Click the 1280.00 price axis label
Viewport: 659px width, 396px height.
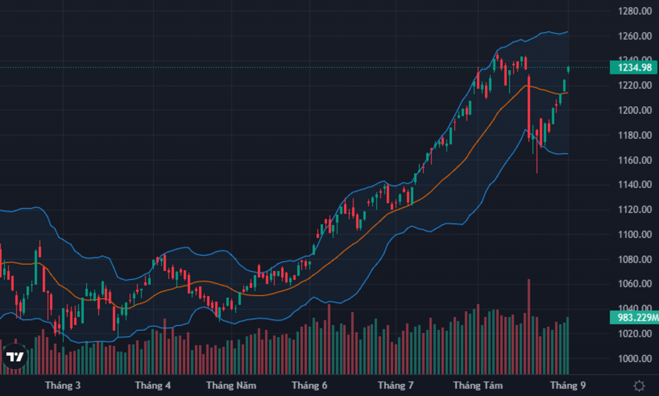(x=635, y=11)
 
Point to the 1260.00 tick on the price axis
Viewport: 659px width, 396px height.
(x=635, y=36)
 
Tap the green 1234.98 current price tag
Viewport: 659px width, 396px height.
(x=634, y=67)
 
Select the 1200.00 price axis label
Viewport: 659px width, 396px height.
(x=635, y=110)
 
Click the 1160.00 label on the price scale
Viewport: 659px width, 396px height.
(x=635, y=160)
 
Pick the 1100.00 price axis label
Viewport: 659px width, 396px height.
(x=635, y=234)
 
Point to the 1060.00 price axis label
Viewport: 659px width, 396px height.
(x=635, y=283)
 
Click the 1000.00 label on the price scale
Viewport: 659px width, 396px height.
(x=635, y=358)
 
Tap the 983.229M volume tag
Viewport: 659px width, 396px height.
(x=635, y=317)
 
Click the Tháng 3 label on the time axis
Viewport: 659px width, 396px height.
(x=63, y=385)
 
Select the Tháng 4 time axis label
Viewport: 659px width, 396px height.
(x=153, y=385)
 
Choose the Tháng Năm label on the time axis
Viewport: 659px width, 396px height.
(x=231, y=385)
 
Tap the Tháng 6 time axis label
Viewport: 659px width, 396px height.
(x=309, y=385)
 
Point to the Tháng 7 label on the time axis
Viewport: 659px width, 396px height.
(x=395, y=385)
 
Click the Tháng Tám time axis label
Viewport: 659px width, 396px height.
(x=478, y=385)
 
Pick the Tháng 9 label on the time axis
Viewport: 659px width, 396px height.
(x=568, y=385)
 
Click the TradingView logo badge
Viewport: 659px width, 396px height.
(x=15, y=357)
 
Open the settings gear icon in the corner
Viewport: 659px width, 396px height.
(x=639, y=385)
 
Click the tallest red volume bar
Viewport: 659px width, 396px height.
(x=528, y=327)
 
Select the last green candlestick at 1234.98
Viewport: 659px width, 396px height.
(x=568, y=69)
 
